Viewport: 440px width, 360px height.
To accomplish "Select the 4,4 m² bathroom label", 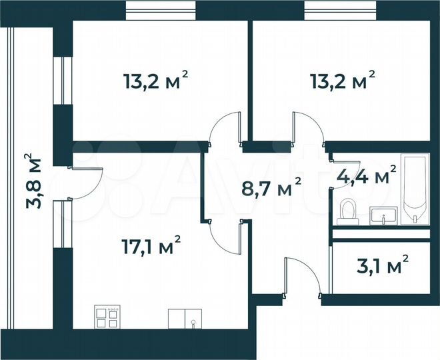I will [x=366, y=177].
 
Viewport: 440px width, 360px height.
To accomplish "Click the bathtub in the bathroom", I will [x=413, y=190].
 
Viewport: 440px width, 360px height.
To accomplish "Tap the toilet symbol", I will [x=347, y=211].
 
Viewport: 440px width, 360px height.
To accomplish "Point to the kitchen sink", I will [x=184, y=319].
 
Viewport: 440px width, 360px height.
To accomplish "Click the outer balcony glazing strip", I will [x=8, y=180].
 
